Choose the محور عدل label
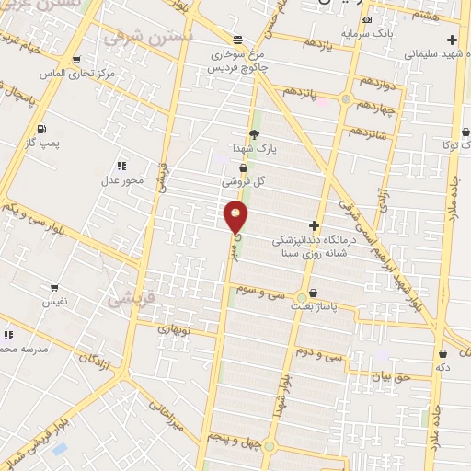122,179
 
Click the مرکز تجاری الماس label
79,72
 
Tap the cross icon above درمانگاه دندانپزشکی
315,225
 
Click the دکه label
442,366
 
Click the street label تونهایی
174,328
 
